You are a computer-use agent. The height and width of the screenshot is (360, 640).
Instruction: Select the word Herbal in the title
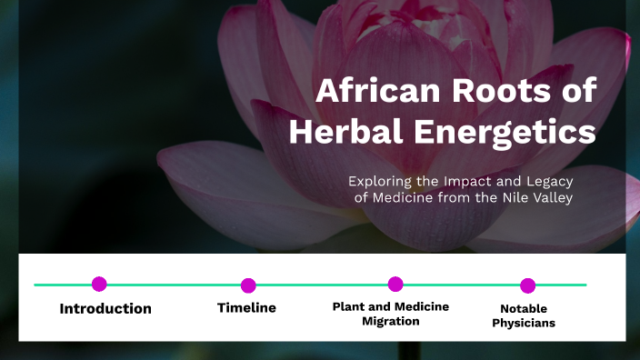pos(343,132)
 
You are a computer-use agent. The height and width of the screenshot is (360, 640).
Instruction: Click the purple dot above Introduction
pos(99,284)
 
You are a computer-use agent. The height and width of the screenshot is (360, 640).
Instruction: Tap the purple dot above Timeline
pos(248,285)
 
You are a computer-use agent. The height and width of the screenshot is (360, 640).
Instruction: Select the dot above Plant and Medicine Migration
pos(395,284)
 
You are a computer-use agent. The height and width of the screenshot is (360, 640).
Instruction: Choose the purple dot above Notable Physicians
pos(528,285)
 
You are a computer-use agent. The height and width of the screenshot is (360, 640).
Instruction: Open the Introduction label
pos(105,309)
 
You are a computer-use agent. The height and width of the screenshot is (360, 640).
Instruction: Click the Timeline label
pos(246,308)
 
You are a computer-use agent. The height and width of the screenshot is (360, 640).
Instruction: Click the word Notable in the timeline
pos(524,309)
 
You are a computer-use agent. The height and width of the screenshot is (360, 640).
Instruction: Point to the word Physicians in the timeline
pos(524,323)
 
